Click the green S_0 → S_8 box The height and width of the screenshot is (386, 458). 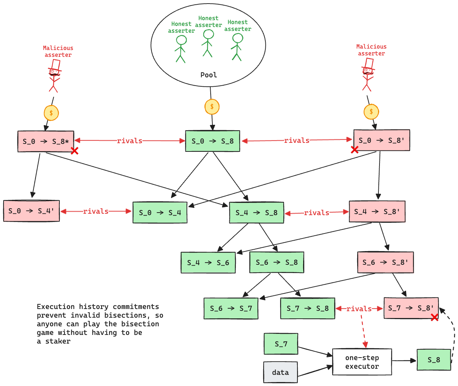pyautogui.click(x=212, y=141)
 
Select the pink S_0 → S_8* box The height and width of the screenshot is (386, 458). pyautogui.click(x=46, y=141)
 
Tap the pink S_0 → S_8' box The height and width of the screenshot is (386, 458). pyautogui.click(x=381, y=140)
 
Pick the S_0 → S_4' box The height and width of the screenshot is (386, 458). pyautogui.click(x=31, y=211)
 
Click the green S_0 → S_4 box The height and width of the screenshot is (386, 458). pyautogui.click(x=160, y=213)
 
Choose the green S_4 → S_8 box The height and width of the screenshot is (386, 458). pyautogui.click(x=256, y=213)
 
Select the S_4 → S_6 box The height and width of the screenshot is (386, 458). pyautogui.click(x=208, y=263)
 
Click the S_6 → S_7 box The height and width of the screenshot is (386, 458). pyautogui.click(x=231, y=308)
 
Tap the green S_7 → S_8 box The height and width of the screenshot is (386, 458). pyautogui.click(x=307, y=308)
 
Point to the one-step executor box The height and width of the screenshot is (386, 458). pyautogui.click(x=362, y=362)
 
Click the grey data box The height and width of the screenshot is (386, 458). pyautogui.click(x=280, y=372)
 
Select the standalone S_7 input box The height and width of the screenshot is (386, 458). pyautogui.click(x=281, y=344)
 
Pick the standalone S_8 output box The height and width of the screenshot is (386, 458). pyautogui.click(x=434, y=360)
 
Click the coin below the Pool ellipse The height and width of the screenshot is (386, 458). pyautogui.click(x=212, y=107)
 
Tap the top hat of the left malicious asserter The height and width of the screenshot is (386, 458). pyautogui.click(x=55, y=65)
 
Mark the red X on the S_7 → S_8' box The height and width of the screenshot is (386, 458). pyautogui.click(x=435, y=317)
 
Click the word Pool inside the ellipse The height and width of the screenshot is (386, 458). pyautogui.click(x=208, y=75)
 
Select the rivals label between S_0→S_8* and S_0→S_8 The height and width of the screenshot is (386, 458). pyautogui.click(x=130, y=141)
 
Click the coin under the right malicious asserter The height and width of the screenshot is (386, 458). pyautogui.click(x=371, y=112)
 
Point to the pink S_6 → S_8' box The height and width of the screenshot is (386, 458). pyautogui.click(x=385, y=262)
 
